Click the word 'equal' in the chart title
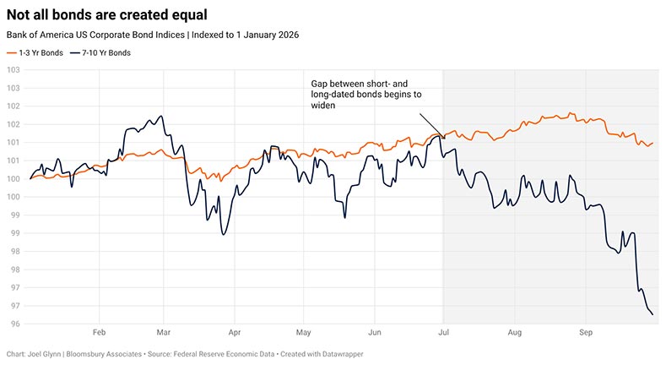pos(189,15)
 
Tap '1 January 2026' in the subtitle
pos(268,35)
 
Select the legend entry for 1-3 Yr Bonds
pos(35,53)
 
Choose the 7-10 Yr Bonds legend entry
pos(100,53)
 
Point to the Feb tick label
pos(99,332)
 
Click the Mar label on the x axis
pos(164,332)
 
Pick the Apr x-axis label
pos(235,332)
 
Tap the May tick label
pos(303,332)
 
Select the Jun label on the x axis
pos(375,332)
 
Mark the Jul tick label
pos(443,332)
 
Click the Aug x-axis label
pos(514,332)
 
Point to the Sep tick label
pos(586,332)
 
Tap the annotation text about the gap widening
pos(366,95)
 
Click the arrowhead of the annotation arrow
pos(444,138)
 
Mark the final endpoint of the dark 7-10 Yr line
pos(652,315)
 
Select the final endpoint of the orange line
pos(652,143)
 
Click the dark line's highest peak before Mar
pos(161,116)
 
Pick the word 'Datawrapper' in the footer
pos(343,354)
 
